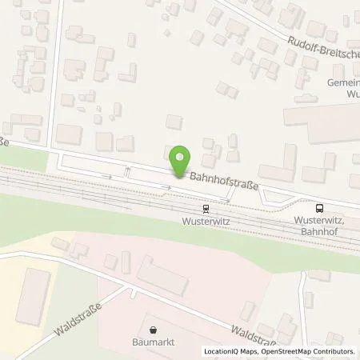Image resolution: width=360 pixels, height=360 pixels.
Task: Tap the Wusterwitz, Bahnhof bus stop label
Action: pos(319,223)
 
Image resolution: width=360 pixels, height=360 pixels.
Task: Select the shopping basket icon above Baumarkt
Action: pos(154,328)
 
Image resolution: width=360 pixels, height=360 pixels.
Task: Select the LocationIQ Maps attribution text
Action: pos(232,352)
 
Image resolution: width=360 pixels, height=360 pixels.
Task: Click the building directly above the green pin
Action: pos(174,122)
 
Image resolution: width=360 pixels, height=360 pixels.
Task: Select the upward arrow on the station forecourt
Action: pos(126,170)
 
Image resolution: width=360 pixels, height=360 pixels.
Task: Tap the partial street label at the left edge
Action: pos(5,142)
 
